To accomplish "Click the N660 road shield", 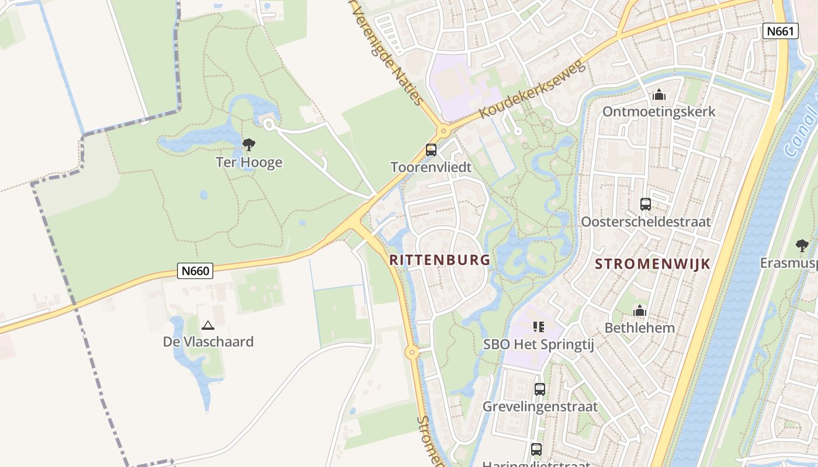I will (195, 271).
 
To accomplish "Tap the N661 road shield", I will (780, 31).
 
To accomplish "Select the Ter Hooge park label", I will (249, 162).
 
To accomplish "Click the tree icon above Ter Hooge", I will (249, 144).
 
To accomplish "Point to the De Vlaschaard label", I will (208, 341).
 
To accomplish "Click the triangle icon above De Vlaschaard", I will (207, 325).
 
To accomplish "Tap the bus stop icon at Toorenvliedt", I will (431, 150).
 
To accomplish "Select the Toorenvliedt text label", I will (431, 168).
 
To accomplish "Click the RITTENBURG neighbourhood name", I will (439, 260).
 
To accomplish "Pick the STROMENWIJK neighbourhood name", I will (653, 264).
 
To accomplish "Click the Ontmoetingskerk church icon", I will (659, 94).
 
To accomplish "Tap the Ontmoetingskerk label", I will (659, 111).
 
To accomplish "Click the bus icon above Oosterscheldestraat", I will (646, 204).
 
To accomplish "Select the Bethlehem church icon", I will (640, 311).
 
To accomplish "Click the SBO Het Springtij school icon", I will (539, 327).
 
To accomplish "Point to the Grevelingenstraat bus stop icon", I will (540, 389).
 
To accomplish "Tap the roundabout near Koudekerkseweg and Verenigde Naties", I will (443, 131).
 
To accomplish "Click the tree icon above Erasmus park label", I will (802, 245).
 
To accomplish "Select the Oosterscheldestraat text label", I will (646, 222).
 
